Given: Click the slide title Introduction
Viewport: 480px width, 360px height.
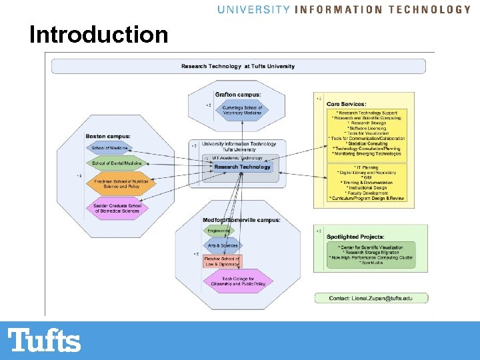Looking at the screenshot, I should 99,34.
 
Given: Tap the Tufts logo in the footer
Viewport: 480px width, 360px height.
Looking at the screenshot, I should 45,341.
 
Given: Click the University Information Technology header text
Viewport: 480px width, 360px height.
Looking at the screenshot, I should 344,9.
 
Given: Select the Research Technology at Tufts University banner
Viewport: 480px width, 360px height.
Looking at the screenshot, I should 238,66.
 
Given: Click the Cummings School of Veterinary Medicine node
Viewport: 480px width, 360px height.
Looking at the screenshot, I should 241,110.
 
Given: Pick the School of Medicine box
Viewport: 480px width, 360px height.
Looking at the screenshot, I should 109,147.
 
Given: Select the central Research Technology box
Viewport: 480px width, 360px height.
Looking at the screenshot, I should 243,167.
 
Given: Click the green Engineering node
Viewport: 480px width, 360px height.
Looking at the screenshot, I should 219,231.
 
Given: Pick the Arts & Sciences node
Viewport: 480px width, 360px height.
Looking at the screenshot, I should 223,246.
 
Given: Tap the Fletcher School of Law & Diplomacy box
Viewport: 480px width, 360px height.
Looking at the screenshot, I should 222,261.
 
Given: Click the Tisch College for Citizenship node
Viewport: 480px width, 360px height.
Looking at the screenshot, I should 239,281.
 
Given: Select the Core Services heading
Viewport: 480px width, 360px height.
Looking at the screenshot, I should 346,104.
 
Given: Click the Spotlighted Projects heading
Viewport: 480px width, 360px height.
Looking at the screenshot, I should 355,237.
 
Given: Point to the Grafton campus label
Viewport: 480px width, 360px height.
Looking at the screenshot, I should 238,94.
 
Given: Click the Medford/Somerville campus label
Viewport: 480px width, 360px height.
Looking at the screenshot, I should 241,220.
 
